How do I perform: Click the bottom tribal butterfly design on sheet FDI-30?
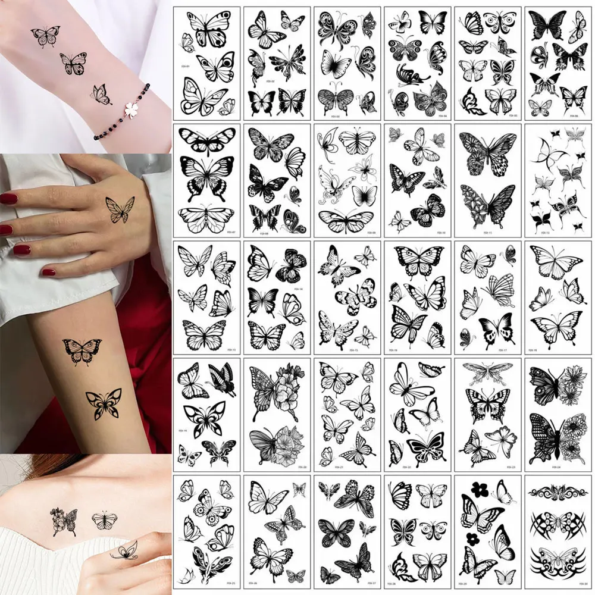[x=558, y=559]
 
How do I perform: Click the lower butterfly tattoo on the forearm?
[x=104, y=403]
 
